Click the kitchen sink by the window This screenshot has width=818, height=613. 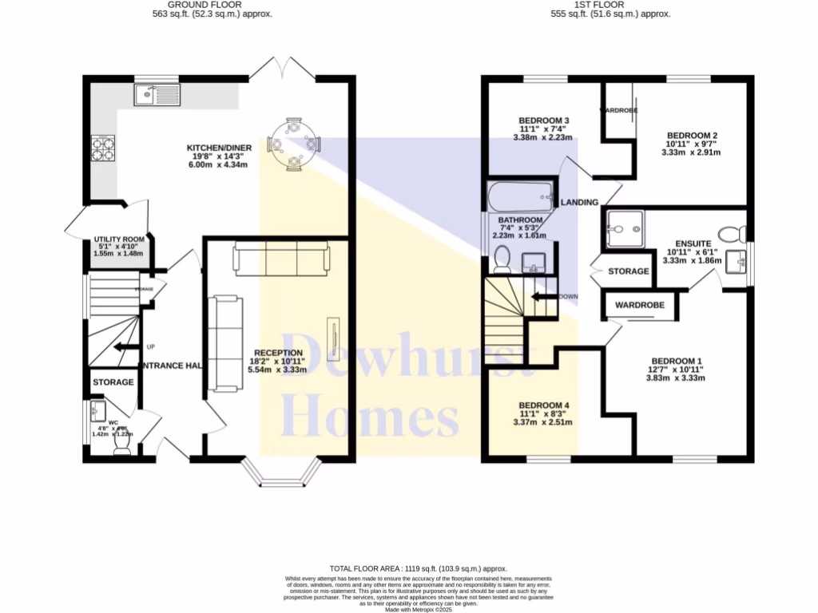(x=158, y=96)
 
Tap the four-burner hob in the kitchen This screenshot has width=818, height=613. (x=103, y=149)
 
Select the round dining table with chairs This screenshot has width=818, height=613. (x=294, y=144)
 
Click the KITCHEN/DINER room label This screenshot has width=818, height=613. (x=217, y=148)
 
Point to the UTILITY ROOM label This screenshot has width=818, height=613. (x=118, y=239)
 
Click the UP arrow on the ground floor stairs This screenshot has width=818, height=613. (x=125, y=347)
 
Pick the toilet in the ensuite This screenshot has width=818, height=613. (x=729, y=235)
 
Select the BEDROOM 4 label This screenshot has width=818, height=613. (x=543, y=405)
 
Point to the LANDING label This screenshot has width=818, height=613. (x=579, y=203)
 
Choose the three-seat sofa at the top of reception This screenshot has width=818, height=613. (x=280, y=259)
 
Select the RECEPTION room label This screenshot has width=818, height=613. (x=278, y=353)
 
